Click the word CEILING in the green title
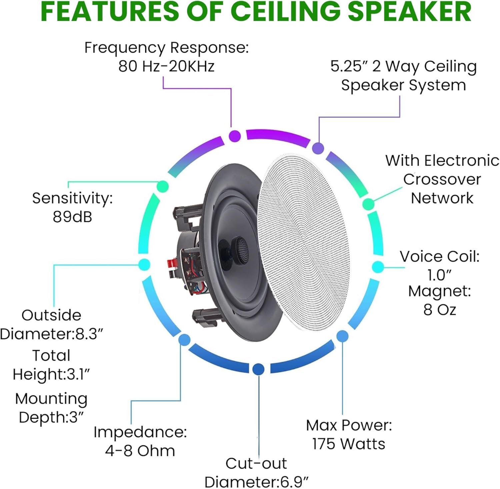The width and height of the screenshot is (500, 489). (286, 12)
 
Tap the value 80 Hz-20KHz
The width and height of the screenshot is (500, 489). (166, 66)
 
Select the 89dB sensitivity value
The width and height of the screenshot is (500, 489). (72, 217)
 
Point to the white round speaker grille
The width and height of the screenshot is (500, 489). (303, 242)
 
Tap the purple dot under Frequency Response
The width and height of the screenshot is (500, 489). (235, 136)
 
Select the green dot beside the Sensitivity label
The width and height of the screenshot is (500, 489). (163, 186)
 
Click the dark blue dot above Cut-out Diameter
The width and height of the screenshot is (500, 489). (258, 369)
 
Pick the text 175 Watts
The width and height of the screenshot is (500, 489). (348, 444)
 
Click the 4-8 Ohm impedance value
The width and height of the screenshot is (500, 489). (140, 451)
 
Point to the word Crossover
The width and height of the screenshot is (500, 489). (442, 180)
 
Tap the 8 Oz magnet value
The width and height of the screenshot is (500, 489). (440, 310)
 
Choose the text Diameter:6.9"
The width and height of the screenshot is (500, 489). (256, 482)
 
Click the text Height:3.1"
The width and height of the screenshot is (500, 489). (51, 374)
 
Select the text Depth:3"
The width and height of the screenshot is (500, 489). (51, 417)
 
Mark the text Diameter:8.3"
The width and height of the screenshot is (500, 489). (52, 334)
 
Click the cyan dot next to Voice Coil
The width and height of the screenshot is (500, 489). (378, 267)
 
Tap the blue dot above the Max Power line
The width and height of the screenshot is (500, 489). (342, 336)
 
